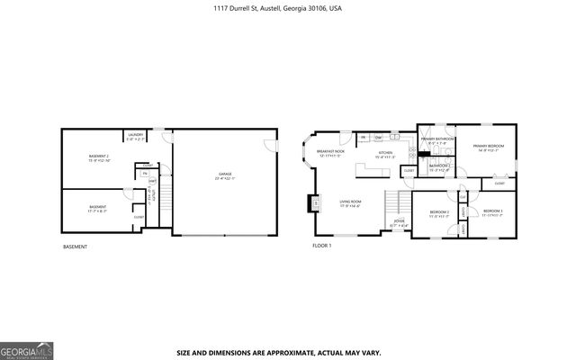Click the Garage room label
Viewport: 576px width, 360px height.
click(224, 175)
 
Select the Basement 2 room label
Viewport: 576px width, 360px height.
click(99, 158)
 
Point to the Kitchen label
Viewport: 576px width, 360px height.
click(385, 154)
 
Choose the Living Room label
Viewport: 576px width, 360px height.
click(350, 203)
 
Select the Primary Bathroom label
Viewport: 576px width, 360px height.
click(436, 140)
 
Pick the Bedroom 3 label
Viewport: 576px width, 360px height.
click(491, 213)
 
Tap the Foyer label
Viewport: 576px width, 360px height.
click(399, 223)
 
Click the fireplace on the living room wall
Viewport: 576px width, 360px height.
click(315, 203)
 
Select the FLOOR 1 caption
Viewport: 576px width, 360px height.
click(322, 245)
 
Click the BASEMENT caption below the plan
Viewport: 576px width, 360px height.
click(76, 246)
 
